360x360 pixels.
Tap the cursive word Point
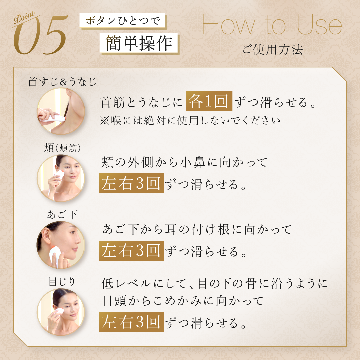click(24, 17)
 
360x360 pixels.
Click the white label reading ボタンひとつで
click(122, 20)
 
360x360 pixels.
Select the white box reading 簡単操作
click(139, 43)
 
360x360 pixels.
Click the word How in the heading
click(229, 25)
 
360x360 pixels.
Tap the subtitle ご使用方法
click(273, 49)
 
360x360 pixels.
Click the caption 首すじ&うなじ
click(62, 82)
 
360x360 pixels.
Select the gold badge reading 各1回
click(209, 101)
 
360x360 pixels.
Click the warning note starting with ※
click(190, 120)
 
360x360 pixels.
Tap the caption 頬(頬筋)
click(62, 148)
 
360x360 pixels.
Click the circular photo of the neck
click(61, 111)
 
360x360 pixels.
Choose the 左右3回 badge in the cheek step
click(131, 183)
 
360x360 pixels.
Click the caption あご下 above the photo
click(62, 214)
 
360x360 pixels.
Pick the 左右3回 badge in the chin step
click(131, 250)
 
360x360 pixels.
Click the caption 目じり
click(62, 281)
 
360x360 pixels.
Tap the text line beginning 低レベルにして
click(214, 283)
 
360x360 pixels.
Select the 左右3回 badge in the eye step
click(131, 322)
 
